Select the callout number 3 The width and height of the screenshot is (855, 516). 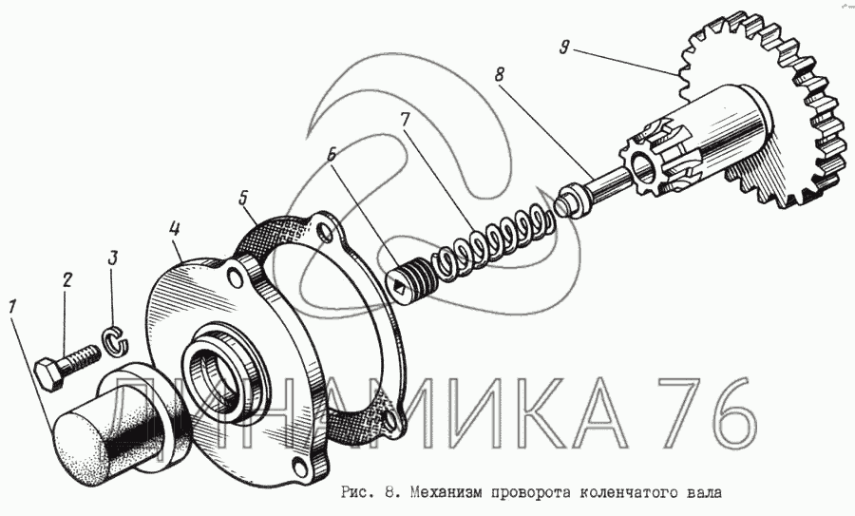click(x=112, y=259)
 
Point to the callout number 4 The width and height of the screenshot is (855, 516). click(x=174, y=230)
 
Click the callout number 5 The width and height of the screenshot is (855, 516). click(x=244, y=199)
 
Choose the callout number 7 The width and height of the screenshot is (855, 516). click(x=404, y=121)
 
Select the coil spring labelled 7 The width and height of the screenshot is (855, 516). click(x=491, y=240)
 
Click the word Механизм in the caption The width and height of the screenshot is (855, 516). click(x=446, y=493)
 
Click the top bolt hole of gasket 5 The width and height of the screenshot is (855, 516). click(x=325, y=233)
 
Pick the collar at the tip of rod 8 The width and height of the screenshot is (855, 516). click(x=573, y=201)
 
